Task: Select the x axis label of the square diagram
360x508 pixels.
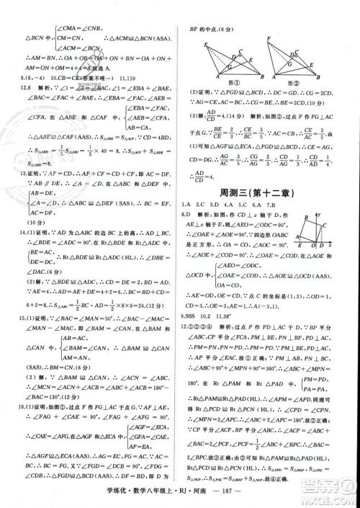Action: pyautogui.click(x=330, y=245)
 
